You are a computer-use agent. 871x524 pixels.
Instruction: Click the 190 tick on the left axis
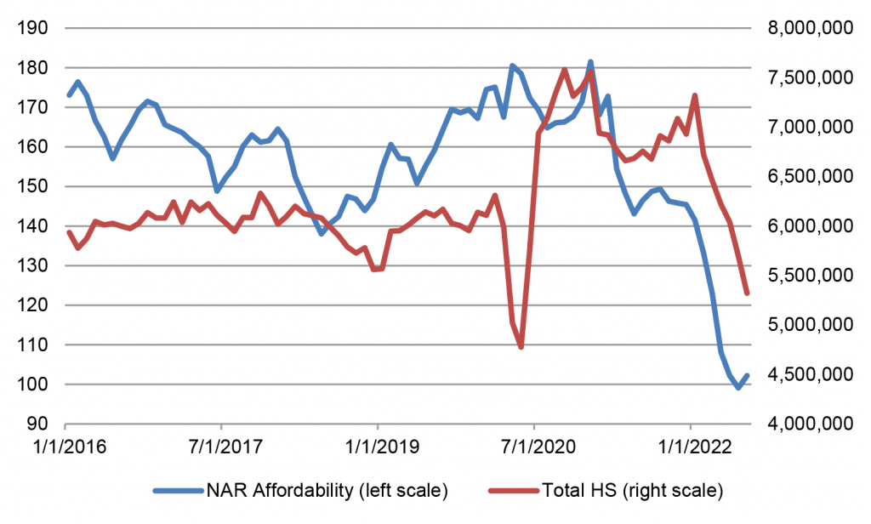[x=36, y=28]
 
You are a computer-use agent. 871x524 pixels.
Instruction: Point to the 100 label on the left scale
[x=36, y=384]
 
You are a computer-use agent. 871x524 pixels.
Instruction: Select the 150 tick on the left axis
[x=36, y=186]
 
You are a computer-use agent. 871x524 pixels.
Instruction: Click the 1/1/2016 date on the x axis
[x=65, y=446]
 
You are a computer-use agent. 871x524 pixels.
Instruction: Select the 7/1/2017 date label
[x=221, y=446]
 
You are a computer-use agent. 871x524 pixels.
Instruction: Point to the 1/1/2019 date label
[x=378, y=446]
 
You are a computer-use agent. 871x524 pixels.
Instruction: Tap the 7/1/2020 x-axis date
[x=534, y=446]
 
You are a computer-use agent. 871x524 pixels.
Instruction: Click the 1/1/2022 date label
[x=690, y=446]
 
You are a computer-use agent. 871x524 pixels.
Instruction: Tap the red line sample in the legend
[x=512, y=491]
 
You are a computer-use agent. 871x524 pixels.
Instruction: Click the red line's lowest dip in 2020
[x=521, y=346]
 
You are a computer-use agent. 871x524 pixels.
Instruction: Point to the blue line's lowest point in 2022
[x=738, y=387]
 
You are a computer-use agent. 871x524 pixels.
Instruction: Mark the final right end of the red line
[x=746, y=293]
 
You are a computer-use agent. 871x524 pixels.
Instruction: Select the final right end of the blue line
[x=747, y=375]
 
